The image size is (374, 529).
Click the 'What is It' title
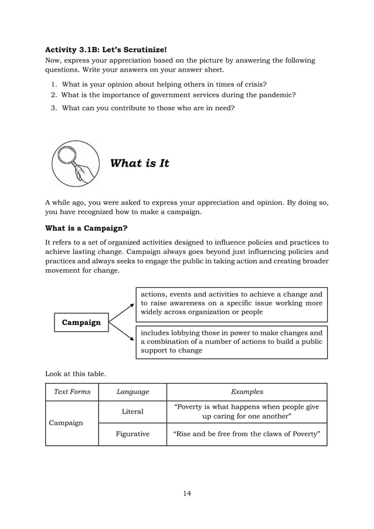pyautogui.click(x=140, y=163)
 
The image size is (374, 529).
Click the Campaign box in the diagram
pyautogui.click(x=81, y=322)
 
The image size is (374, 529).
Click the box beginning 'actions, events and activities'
pyautogui.click(x=232, y=303)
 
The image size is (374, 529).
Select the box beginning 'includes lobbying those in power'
pyautogui.click(x=232, y=341)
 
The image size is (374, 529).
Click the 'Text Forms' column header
pyautogui.click(x=72, y=392)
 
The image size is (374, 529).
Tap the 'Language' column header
pyautogui.click(x=132, y=392)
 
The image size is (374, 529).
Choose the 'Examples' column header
pyautogui.click(x=247, y=392)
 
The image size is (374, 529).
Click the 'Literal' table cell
pyautogui.click(x=132, y=412)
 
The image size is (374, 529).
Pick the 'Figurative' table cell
pyautogui.click(x=132, y=434)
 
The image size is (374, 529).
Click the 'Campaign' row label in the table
pyautogui.click(x=66, y=422)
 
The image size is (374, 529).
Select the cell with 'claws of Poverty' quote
pyautogui.click(x=247, y=434)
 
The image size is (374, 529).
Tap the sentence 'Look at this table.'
pyautogui.click(x=76, y=373)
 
